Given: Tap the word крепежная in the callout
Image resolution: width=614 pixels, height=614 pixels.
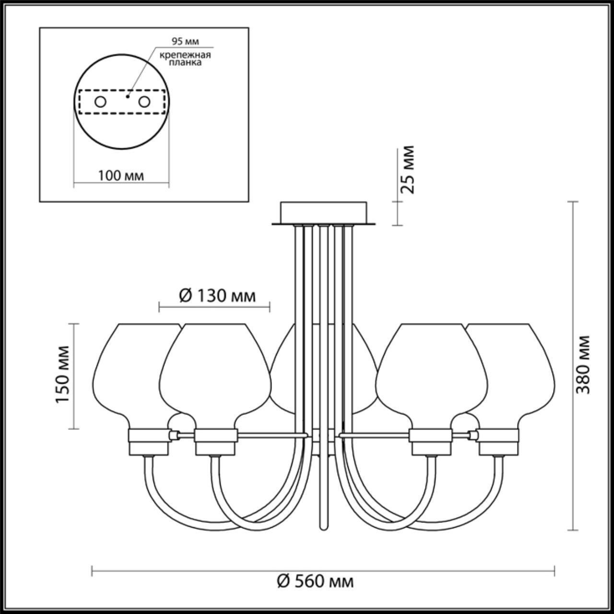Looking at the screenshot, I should tap(186, 55).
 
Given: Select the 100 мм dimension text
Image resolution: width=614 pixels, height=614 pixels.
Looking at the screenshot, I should tap(121, 176).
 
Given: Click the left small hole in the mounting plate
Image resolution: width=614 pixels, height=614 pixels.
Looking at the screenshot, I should tap(100, 102).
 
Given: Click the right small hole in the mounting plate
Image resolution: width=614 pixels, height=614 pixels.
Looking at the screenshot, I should tap(144, 102).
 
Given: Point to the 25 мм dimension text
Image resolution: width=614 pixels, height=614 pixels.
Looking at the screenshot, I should tap(407, 169).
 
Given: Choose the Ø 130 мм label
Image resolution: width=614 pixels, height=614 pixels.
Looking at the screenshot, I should tap(217, 296).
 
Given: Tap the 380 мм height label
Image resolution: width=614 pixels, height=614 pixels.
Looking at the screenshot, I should tap(583, 365).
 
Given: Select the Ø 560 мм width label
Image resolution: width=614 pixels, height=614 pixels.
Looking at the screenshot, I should tap(316, 582).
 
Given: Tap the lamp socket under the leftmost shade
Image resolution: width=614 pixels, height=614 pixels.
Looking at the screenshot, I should tap(148, 441).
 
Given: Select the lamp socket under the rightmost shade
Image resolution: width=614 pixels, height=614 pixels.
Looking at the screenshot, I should tap(499, 441).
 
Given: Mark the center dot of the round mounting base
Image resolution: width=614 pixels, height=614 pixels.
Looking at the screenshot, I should tap(127, 96).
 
